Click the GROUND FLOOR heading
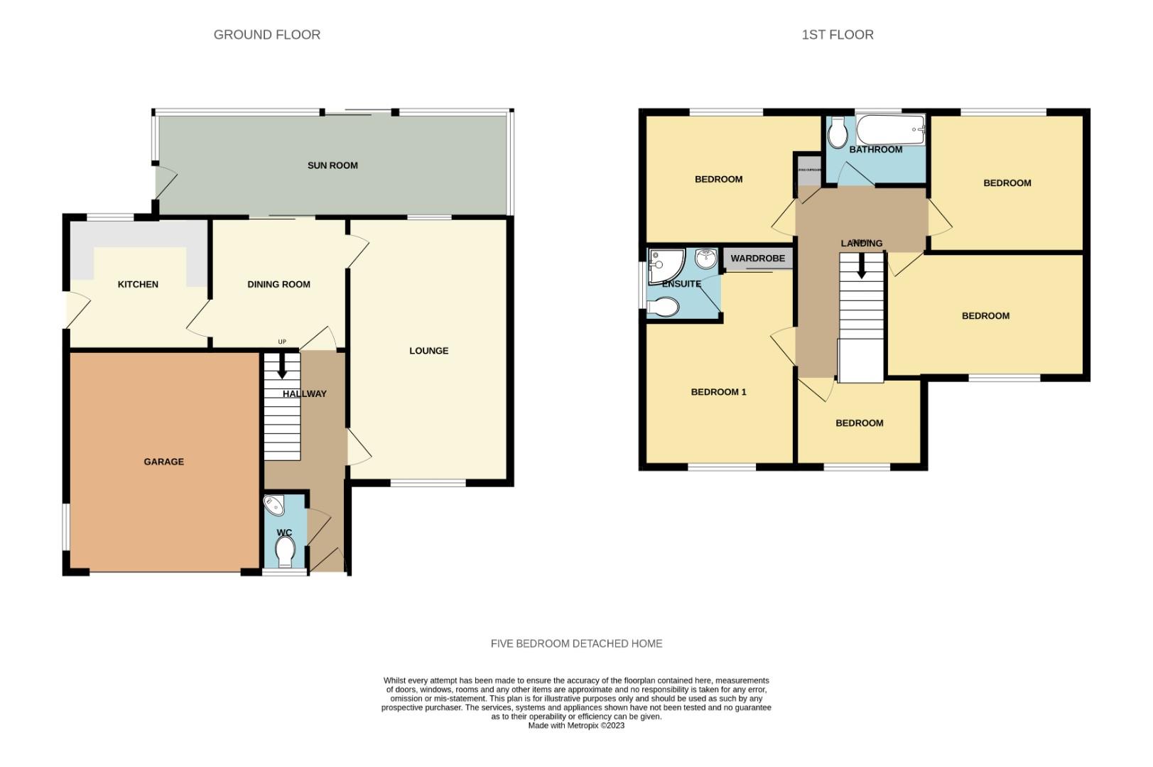(266, 34)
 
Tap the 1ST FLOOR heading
(837, 34)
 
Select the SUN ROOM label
(332, 165)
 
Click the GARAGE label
(163, 462)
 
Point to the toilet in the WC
(285, 551)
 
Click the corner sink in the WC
(274, 506)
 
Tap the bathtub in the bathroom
(890, 131)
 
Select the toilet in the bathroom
(838, 132)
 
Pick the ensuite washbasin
(705, 259)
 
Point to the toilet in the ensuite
(664, 307)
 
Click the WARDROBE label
(757, 259)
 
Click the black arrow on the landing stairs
(861, 268)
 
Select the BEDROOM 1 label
(718, 392)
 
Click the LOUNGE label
(428, 351)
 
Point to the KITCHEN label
(138, 284)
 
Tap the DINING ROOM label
(278, 284)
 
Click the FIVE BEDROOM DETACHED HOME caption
(576, 643)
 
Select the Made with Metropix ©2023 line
(576, 726)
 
